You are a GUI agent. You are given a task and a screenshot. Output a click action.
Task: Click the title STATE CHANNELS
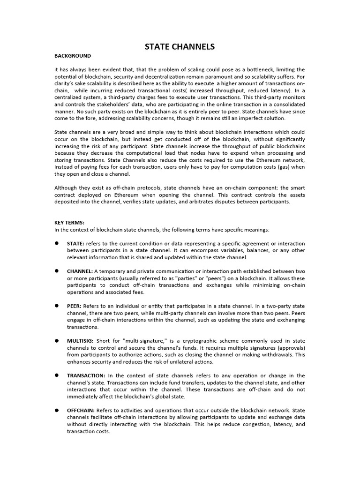(x=180, y=46)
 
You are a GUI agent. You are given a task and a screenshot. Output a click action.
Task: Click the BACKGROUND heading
(x=73, y=55)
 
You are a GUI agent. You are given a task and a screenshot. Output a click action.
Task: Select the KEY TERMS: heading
(x=69, y=223)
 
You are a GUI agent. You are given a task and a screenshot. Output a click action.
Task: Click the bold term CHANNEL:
(x=80, y=271)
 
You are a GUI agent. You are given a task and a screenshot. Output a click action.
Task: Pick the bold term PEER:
(x=75, y=306)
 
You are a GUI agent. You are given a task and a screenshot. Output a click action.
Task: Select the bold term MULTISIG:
(x=81, y=341)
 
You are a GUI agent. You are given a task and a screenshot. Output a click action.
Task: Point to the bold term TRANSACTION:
(x=86, y=375)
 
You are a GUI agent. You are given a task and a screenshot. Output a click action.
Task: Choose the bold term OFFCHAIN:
(x=81, y=410)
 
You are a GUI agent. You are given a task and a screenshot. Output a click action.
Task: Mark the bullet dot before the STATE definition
(x=56, y=243)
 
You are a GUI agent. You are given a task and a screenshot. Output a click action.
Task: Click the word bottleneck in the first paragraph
(x=261, y=69)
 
